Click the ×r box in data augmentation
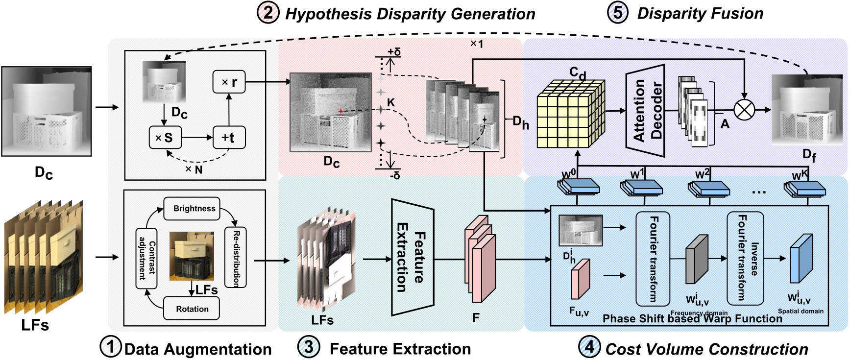229,82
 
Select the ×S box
165,137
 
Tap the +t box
229,137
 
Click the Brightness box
194,208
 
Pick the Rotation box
192,309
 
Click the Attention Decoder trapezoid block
646,110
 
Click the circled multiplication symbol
744,110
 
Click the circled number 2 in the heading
267,13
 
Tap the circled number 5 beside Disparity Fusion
618,13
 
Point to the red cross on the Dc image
340,111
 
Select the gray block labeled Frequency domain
697,260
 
